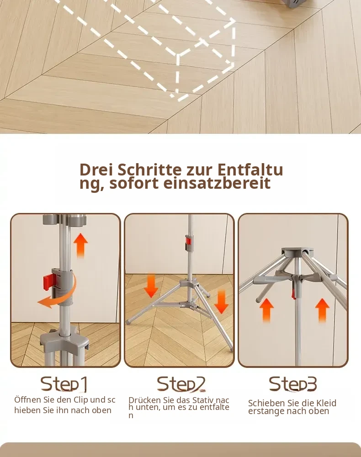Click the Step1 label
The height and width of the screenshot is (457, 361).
[x=64, y=384]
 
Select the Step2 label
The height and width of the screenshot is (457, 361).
[x=181, y=384]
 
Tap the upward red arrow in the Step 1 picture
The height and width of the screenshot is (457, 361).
[x=80, y=245]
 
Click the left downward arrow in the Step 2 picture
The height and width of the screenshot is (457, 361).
[x=151, y=286]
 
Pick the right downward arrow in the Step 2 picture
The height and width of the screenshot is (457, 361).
[x=222, y=302]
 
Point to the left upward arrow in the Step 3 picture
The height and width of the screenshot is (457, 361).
[x=266, y=310]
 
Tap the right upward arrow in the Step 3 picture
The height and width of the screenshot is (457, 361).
[x=322, y=310]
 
